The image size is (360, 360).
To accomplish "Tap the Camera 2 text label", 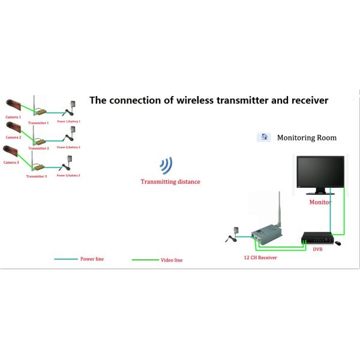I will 12,137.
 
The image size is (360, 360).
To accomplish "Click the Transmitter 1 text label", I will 38,122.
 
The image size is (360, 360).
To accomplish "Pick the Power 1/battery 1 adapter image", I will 73,108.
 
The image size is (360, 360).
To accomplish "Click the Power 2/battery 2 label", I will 68,147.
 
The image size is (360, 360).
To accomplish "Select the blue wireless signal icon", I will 166,166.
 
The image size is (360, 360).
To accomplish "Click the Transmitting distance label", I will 170,181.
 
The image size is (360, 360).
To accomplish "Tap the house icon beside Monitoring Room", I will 263,137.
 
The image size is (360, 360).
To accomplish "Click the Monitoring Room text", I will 307,138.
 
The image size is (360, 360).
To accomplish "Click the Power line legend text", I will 91,259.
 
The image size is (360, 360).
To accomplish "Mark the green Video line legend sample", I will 144,260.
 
